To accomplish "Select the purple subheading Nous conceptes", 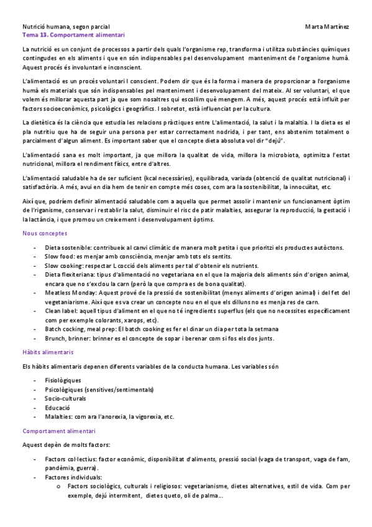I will click(45, 233).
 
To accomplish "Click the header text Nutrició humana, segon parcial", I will click(66, 27).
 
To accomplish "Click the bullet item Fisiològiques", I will click(63, 380).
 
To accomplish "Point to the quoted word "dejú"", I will click(274, 141).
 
